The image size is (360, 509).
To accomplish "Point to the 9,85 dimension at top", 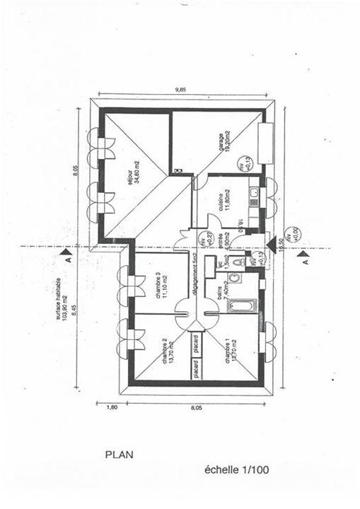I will click(x=181, y=90).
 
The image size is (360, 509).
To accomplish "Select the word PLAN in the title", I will click(x=119, y=456).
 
